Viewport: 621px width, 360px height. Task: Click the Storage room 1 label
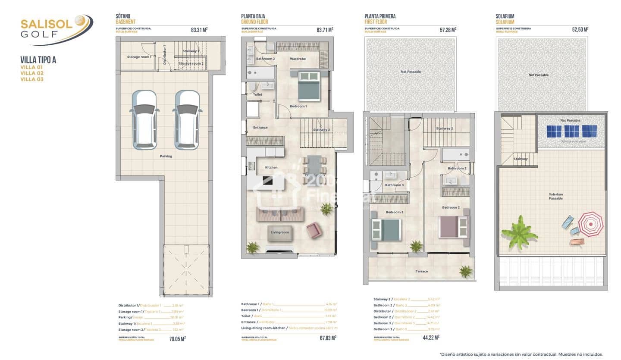[x=139, y=57]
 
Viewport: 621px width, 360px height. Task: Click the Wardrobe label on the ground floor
[x=298, y=59]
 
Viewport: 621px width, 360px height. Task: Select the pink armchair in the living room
[x=314, y=229]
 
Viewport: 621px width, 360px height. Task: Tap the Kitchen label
[x=271, y=167]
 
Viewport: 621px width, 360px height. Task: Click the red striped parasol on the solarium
[x=590, y=223]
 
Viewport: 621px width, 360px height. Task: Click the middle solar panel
[x=572, y=131]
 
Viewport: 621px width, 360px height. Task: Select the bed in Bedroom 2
[x=453, y=227]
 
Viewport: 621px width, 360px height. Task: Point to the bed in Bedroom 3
[x=386, y=229]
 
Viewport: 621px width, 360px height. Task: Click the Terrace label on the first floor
[x=422, y=271]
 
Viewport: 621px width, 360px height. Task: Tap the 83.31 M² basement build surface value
[x=199, y=30]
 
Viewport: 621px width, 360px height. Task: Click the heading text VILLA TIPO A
[x=38, y=60]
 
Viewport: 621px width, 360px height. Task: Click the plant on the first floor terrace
[x=466, y=271]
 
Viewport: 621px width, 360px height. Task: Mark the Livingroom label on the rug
[x=279, y=232]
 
